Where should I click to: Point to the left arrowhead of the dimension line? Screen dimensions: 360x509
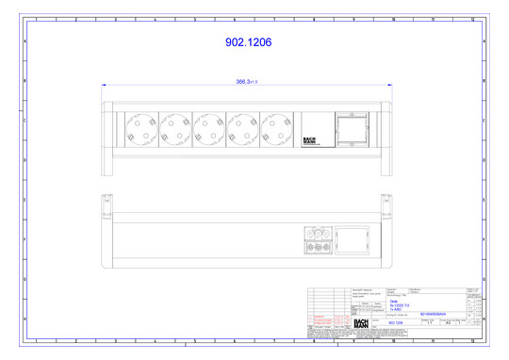(105, 87)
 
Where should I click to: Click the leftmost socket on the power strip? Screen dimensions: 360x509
(140, 127)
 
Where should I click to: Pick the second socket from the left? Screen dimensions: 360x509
(173, 127)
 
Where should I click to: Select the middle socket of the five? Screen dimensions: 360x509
(207, 127)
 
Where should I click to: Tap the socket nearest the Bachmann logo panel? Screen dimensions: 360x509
(275, 127)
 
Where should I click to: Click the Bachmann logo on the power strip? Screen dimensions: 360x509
(313, 139)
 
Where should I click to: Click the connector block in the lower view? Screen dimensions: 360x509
(316, 240)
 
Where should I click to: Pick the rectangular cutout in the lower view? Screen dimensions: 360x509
(353, 239)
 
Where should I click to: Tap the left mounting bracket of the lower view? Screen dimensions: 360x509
(108, 204)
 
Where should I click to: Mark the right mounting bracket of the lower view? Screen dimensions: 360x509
(386, 204)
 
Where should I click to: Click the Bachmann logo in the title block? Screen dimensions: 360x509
(360, 323)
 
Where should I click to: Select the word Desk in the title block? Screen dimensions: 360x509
(393, 301)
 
